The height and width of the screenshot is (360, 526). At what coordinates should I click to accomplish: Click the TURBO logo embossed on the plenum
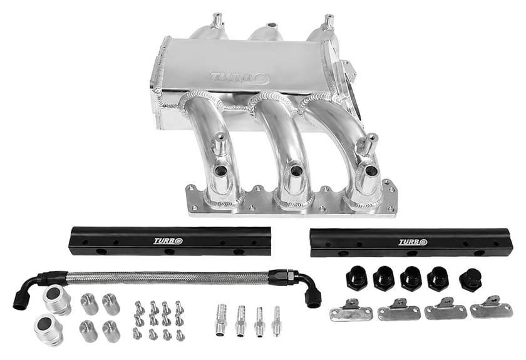[x=239, y=78]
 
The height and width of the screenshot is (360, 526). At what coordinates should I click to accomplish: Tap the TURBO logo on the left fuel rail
[x=168, y=241]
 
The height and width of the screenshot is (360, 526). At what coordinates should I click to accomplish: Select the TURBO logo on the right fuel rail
[x=413, y=242]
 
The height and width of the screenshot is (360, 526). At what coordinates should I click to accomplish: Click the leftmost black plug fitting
[x=356, y=277]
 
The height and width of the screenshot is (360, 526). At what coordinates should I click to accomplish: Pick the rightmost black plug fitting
[x=471, y=280]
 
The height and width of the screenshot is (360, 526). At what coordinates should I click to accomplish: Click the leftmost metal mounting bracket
[x=351, y=310]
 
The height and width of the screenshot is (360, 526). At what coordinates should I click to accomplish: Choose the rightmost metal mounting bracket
[x=492, y=307]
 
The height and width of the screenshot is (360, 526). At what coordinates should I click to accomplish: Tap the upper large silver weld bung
[x=56, y=301]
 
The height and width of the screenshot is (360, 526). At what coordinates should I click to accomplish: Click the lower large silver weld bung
[x=48, y=330]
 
